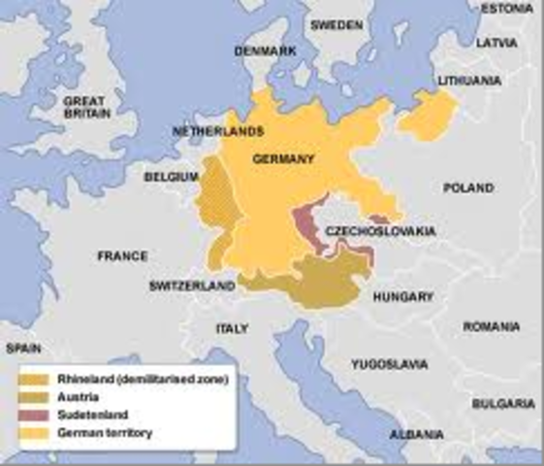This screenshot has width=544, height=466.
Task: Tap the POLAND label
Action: [467, 188]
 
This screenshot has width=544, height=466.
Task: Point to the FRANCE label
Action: [122, 256]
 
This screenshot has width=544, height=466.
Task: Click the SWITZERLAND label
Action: [192, 286]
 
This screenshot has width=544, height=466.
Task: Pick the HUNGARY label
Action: [406, 297]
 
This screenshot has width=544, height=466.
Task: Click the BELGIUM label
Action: [171, 177]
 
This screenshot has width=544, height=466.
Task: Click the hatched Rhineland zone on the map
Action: [213, 209]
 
